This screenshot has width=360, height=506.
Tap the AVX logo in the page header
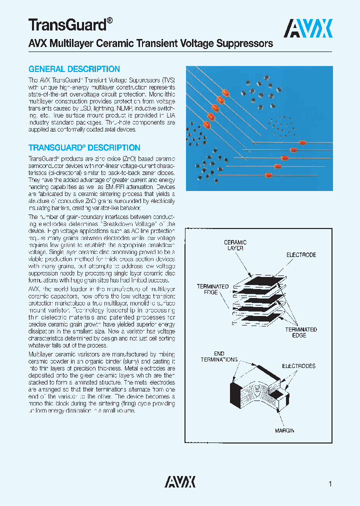point(308,28)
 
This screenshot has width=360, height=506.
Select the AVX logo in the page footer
point(180,481)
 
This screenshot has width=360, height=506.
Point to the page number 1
point(330,483)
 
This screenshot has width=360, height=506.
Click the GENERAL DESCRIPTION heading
point(74,69)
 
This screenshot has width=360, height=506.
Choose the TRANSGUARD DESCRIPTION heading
point(84,147)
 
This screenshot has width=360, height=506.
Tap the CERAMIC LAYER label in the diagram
point(235,245)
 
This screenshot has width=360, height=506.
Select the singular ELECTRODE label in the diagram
point(301,255)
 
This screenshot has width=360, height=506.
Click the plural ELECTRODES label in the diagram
point(299,366)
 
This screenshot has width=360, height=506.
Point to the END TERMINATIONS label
point(219,356)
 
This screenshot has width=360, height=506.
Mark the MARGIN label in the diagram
point(284,430)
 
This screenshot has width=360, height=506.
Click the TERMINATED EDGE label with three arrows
point(301,332)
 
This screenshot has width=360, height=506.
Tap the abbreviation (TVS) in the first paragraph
point(168,80)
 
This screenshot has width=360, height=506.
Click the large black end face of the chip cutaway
point(235,395)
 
